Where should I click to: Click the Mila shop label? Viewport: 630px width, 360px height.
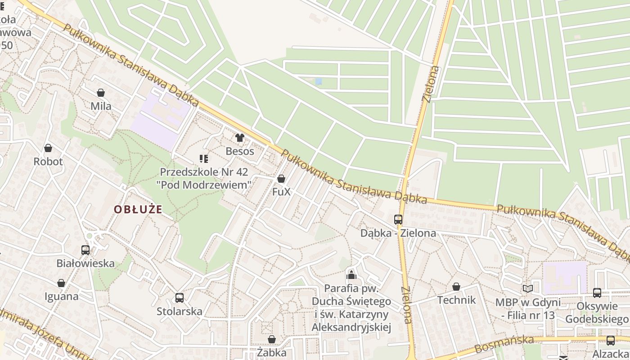click(x=101, y=107)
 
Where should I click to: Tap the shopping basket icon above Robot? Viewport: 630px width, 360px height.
click(x=48, y=148)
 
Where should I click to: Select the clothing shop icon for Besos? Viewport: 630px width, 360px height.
click(x=239, y=138)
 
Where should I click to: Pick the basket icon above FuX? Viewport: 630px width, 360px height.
click(x=281, y=179)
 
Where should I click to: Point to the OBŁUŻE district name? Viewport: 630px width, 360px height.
click(x=138, y=209)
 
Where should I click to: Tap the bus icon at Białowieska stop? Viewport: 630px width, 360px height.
click(x=85, y=250)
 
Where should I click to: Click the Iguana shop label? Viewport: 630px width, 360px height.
click(x=62, y=297)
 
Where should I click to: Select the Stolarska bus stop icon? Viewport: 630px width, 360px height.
click(x=180, y=298)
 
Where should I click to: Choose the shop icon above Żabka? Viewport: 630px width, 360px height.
click(x=272, y=339)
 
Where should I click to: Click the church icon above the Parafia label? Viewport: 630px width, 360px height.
click(x=351, y=275)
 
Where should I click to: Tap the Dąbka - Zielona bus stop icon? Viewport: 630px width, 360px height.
click(x=398, y=220)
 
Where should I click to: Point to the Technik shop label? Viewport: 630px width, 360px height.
click(x=456, y=300)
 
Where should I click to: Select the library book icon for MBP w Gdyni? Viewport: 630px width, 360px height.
click(x=528, y=289)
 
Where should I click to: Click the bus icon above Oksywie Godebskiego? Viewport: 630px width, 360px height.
click(x=597, y=293)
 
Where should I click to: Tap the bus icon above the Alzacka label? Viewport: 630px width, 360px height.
click(x=611, y=341)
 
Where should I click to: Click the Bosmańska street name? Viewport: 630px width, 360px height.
click(x=504, y=344)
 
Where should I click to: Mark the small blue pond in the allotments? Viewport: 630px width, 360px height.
click(x=319, y=81)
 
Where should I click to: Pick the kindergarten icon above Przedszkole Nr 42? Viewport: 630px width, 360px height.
click(x=204, y=159)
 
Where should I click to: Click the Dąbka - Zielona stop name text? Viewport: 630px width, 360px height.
click(x=398, y=233)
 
